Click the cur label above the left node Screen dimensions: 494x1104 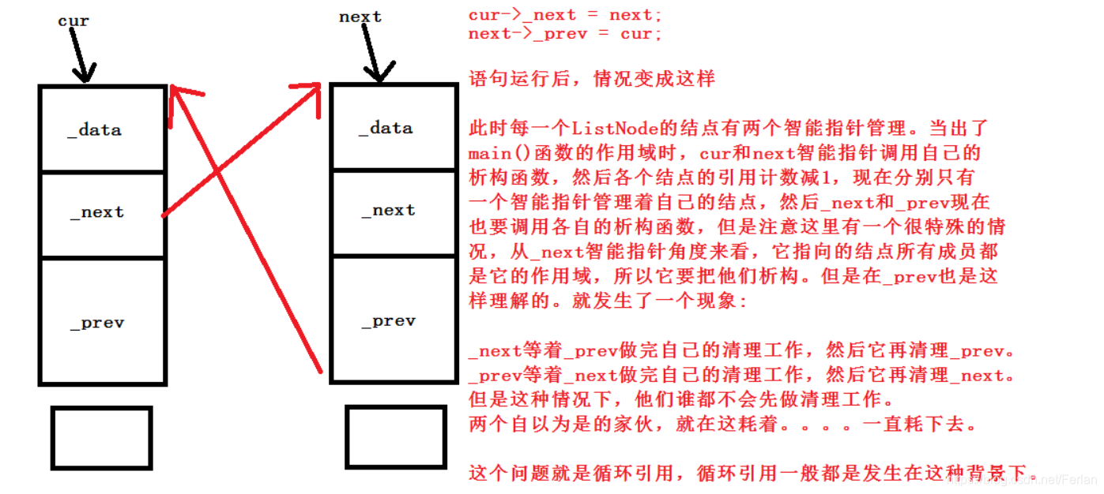point(73,21)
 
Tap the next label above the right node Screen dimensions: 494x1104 point(360,17)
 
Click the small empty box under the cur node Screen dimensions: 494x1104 point(101,438)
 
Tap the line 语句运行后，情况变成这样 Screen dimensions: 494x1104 point(592,79)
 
